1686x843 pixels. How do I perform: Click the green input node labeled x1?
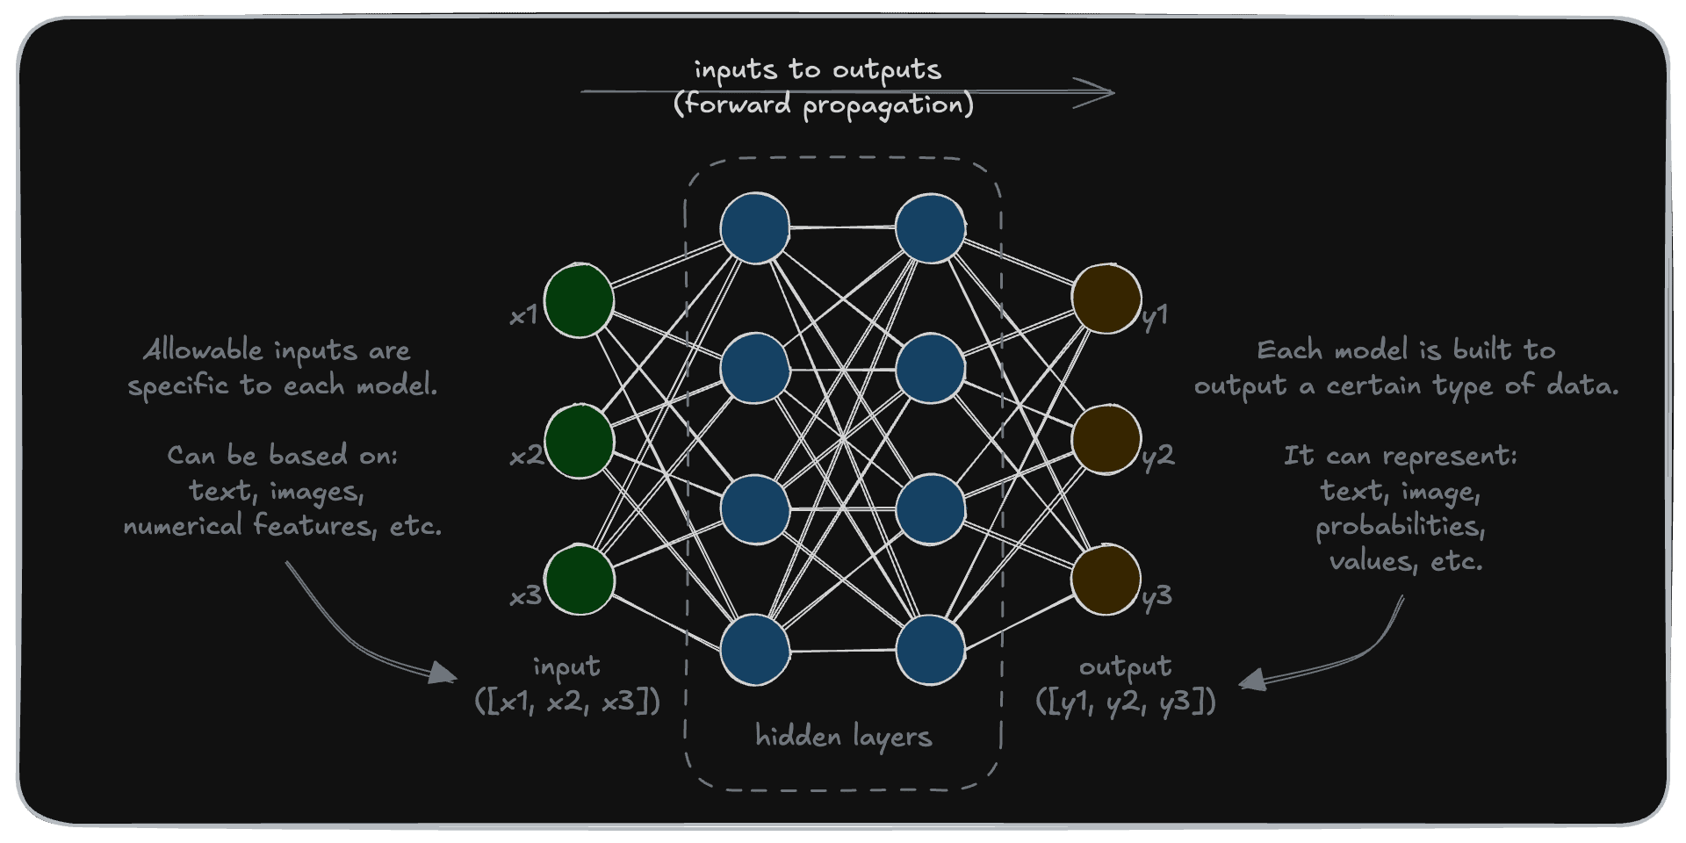coord(579,299)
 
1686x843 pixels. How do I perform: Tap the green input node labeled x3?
coord(579,580)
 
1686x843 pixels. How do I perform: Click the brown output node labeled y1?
coord(1106,299)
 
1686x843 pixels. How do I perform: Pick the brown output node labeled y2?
coord(1106,439)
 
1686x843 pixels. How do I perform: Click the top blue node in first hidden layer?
coord(754,228)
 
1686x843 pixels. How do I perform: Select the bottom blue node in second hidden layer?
coord(931,650)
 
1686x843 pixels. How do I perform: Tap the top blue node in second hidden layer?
coord(931,228)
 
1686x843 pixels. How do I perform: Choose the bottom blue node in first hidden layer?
coord(754,650)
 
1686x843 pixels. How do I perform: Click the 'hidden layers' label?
coord(843,736)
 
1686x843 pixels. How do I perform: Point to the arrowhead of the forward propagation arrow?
coord(1105,92)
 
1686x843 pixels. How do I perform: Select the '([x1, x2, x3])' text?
coord(567,702)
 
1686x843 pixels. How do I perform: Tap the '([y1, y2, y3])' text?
coord(1126,702)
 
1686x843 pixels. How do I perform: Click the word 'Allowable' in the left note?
coord(202,350)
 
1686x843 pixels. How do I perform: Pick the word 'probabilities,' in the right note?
coord(1401,526)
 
